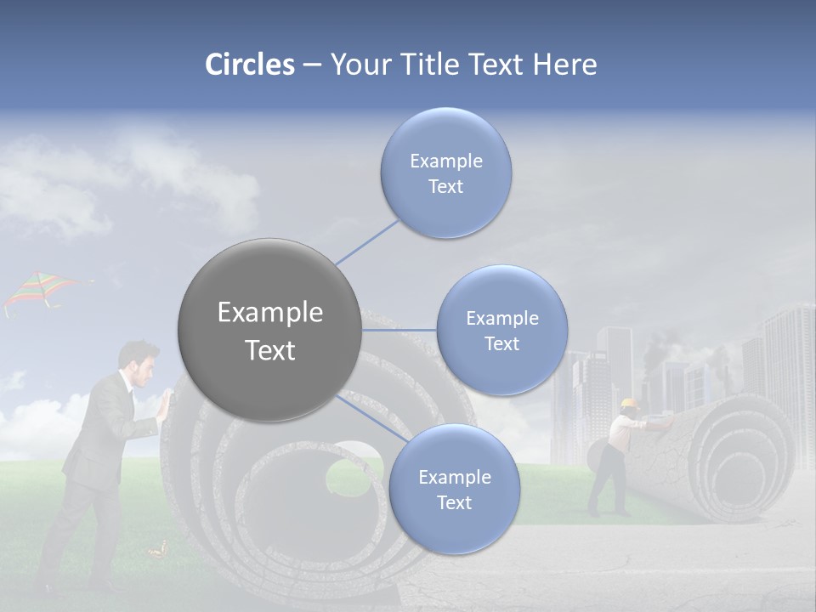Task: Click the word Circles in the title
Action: (249, 65)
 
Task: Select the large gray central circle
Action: (269, 330)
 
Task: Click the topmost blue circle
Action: (445, 173)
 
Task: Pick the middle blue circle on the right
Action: (501, 330)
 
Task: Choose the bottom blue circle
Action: (454, 489)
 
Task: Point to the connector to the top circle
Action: (367, 241)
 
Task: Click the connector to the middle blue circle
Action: (399, 330)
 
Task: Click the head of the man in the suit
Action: (139, 361)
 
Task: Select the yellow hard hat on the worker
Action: (629, 403)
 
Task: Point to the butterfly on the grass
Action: (156, 552)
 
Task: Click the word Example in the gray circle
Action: (269, 313)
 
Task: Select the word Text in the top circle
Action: (445, 187)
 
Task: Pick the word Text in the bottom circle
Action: (454, 502)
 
